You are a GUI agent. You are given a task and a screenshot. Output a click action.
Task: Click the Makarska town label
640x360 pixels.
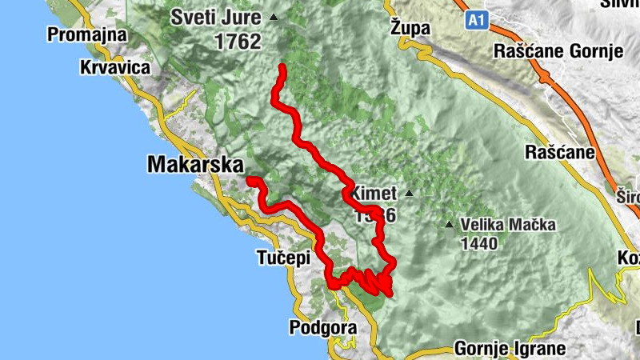click(x=194, y=165)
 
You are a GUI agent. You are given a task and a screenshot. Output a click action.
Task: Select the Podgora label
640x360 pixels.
click(x=322, y=329)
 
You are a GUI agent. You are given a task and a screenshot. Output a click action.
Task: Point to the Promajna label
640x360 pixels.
click(x=88, y=34)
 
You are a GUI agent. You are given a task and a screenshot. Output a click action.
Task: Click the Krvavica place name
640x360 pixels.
click(x=115, y=68)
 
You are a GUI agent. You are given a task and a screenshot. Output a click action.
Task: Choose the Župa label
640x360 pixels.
click(x=410, y=28)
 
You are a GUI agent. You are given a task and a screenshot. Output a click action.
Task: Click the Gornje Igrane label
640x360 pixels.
click(x=510, y=349)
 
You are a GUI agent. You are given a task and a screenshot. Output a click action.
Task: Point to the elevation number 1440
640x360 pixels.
click(x=478, y=242)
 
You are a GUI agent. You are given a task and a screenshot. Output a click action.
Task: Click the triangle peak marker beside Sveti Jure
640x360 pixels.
click(x=274, y=17)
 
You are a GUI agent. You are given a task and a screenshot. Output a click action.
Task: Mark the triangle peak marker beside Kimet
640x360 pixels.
click(x=409, y=193)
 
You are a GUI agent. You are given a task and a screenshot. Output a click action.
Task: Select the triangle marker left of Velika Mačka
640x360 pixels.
click(x=450, y=225)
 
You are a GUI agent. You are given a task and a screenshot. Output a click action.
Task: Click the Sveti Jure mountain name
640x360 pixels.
click(x=218, y=17)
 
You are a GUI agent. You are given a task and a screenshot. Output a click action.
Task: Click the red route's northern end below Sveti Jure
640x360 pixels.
click(x=282, y=68)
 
